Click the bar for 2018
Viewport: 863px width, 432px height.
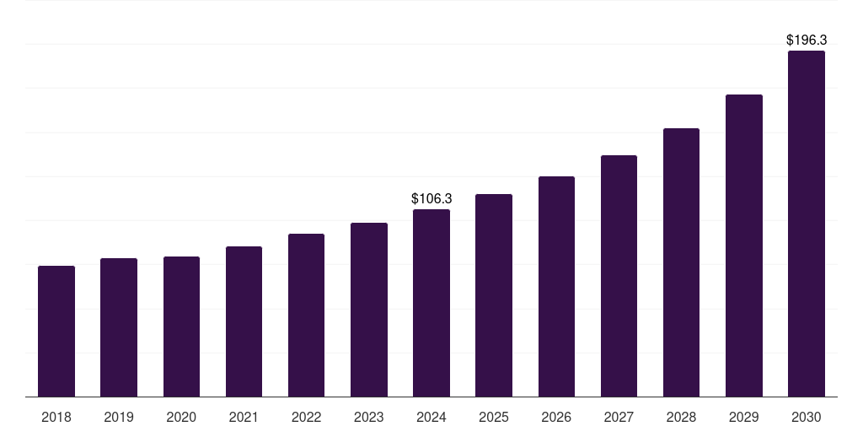tap(56, 331)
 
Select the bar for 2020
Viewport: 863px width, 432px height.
tap(181, 327)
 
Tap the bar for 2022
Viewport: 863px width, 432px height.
tap(306, 315)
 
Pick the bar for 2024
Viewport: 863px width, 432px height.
tap(431, 303)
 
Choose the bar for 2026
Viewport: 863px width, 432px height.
tap(556, 286)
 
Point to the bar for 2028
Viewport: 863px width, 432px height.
tap(681, 262)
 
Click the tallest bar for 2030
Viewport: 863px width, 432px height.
tap(807, 224)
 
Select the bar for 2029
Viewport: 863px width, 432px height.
tap(744, 246)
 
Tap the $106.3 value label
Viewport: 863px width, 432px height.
tap(431, 198)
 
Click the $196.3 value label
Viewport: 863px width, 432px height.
tap(807, 40)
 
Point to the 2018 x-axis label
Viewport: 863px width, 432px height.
tap(56, 417)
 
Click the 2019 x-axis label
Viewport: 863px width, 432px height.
tap(119, 417)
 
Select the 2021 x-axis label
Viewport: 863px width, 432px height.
tap(244, 417)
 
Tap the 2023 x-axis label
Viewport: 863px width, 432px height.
tap(369, 417)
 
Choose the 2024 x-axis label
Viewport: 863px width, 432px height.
tap(431, 417)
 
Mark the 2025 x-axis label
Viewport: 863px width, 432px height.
tap(494, 417)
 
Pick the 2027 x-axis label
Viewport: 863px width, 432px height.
tap(619, 417)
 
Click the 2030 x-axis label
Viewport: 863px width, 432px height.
tap(807, 417)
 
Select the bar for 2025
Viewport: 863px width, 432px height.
tap(494, 295)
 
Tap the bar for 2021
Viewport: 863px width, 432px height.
tap(244, 321)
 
